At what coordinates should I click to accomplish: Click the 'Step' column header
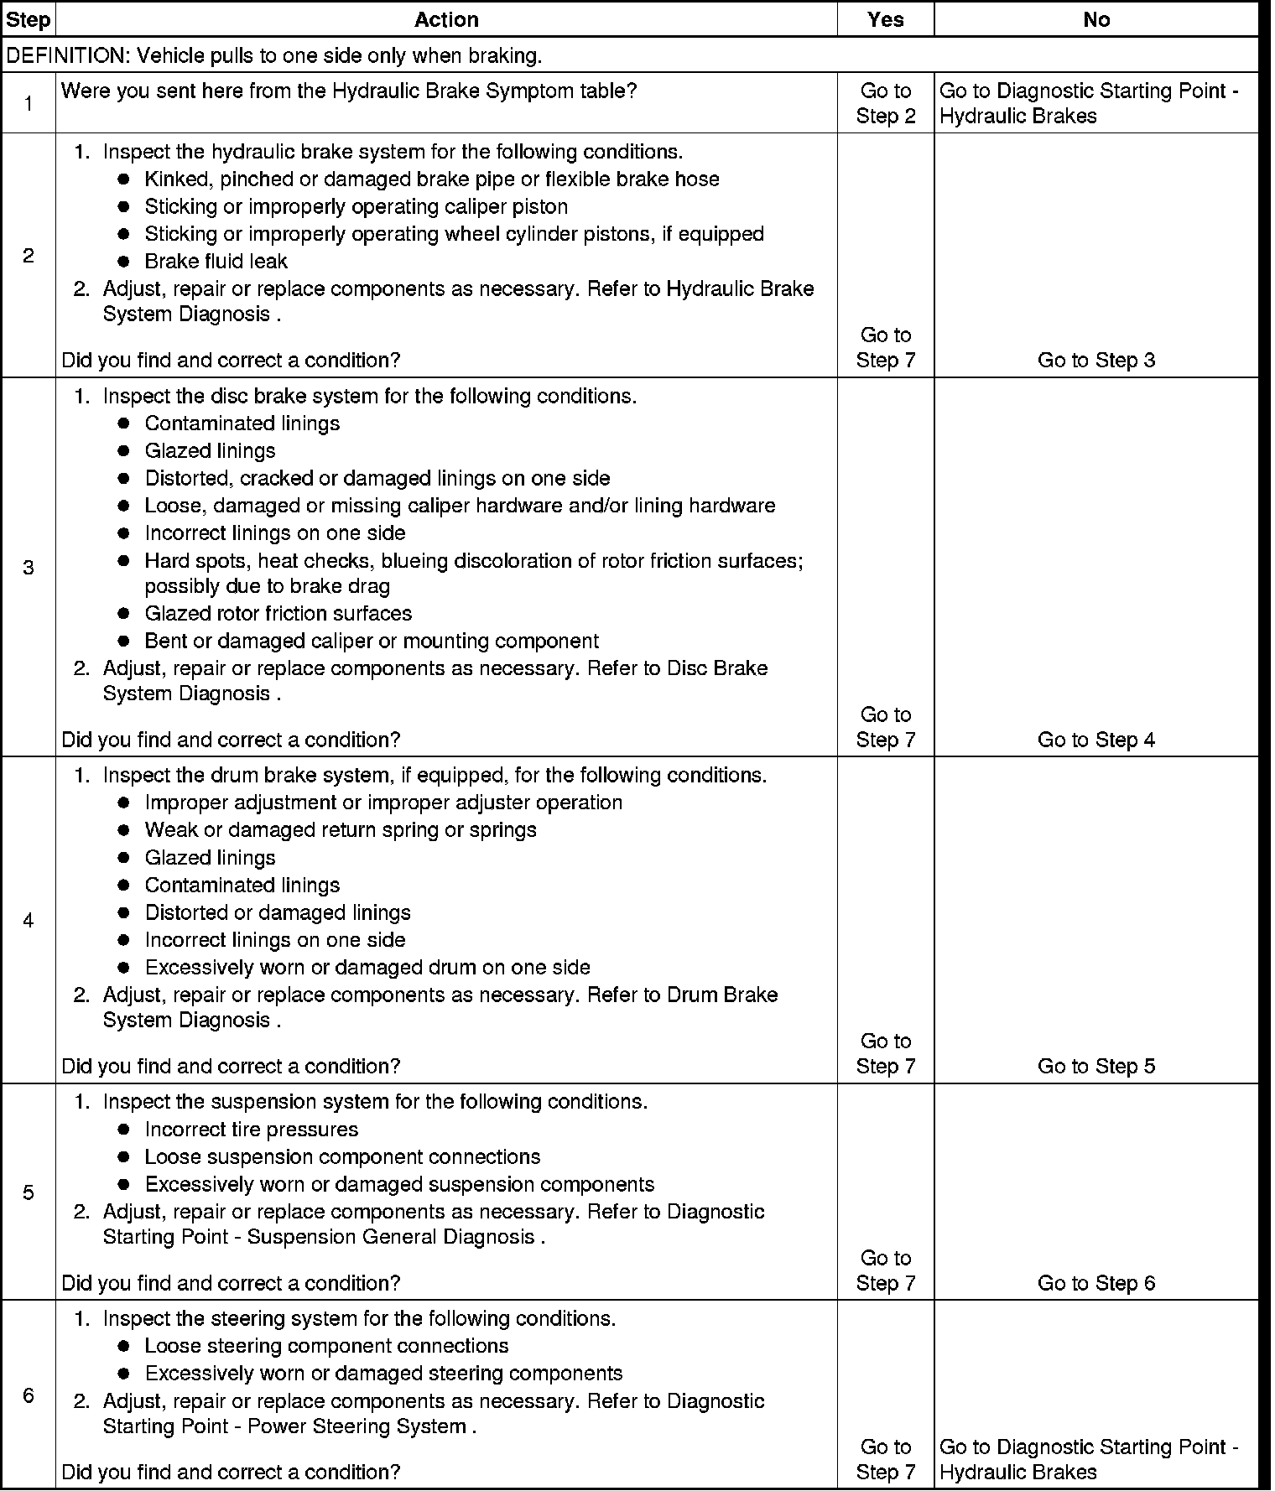click(x=28, y=19)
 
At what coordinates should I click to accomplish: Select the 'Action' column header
click(x=446, y=19)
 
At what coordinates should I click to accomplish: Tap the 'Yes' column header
click(x=885, y=19)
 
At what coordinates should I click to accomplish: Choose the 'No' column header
click(x=1095, y=19)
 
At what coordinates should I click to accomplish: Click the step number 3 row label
click(x=29, y=568)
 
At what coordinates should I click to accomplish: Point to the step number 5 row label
click(x=29, y=1192)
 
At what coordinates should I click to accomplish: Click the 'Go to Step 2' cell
click(x=885, y=103)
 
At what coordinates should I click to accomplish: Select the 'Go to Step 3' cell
click(x=1095, y=361)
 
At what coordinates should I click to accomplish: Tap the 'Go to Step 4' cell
click(x=1095, y=740)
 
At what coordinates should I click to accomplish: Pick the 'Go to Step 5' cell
click(x=1095, y=1066)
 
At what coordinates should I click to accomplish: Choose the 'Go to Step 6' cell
click(x=1095, y=1283)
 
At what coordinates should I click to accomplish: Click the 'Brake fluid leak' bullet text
click(x=216, y=261)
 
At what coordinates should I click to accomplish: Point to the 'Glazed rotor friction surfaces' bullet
click(x=278, y=613)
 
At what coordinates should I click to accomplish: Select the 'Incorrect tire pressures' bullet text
click(x=251, y=1130)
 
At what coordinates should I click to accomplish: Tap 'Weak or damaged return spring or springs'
click(x=340, y=829)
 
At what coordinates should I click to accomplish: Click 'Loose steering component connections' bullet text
click(x=326, y=1346)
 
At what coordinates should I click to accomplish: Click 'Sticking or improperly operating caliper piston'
click(x=356, y=206)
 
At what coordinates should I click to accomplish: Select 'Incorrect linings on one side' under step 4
click(x=274, y=940)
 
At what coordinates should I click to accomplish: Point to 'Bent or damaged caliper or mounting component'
click(x=372, y=641)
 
